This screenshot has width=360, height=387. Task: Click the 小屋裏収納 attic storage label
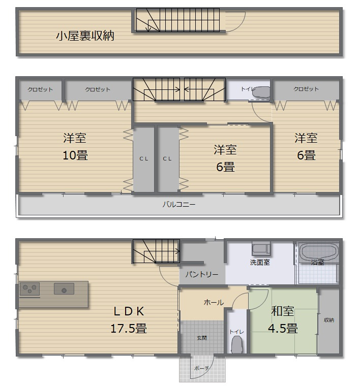tap(85, 36)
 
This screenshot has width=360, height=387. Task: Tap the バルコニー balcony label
tap(178, 205)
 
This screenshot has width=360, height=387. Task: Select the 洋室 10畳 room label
tap(75, 147)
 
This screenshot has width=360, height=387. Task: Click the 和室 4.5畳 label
tap(283, 319)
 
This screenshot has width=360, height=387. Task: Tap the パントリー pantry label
tap(201, 274)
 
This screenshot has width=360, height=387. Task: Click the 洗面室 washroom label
tap(259, 263)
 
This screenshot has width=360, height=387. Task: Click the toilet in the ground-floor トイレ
tap(236, 345)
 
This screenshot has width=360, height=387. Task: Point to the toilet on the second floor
tap(261, 92)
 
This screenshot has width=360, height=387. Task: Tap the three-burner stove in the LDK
tap(29, 289)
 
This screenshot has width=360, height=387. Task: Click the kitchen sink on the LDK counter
tap(64, 289)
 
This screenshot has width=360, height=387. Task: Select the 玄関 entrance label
tap(202, 338)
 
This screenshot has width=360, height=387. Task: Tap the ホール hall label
tap(213, 302)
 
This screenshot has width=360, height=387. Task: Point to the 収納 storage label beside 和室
tap(329, 320)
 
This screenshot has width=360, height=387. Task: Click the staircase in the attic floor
tap(180, 21)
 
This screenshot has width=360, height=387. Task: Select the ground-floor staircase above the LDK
tap(157, 251)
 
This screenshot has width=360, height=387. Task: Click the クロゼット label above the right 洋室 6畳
tap(306, 89)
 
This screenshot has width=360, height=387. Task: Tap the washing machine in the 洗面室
tap(261, 250)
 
